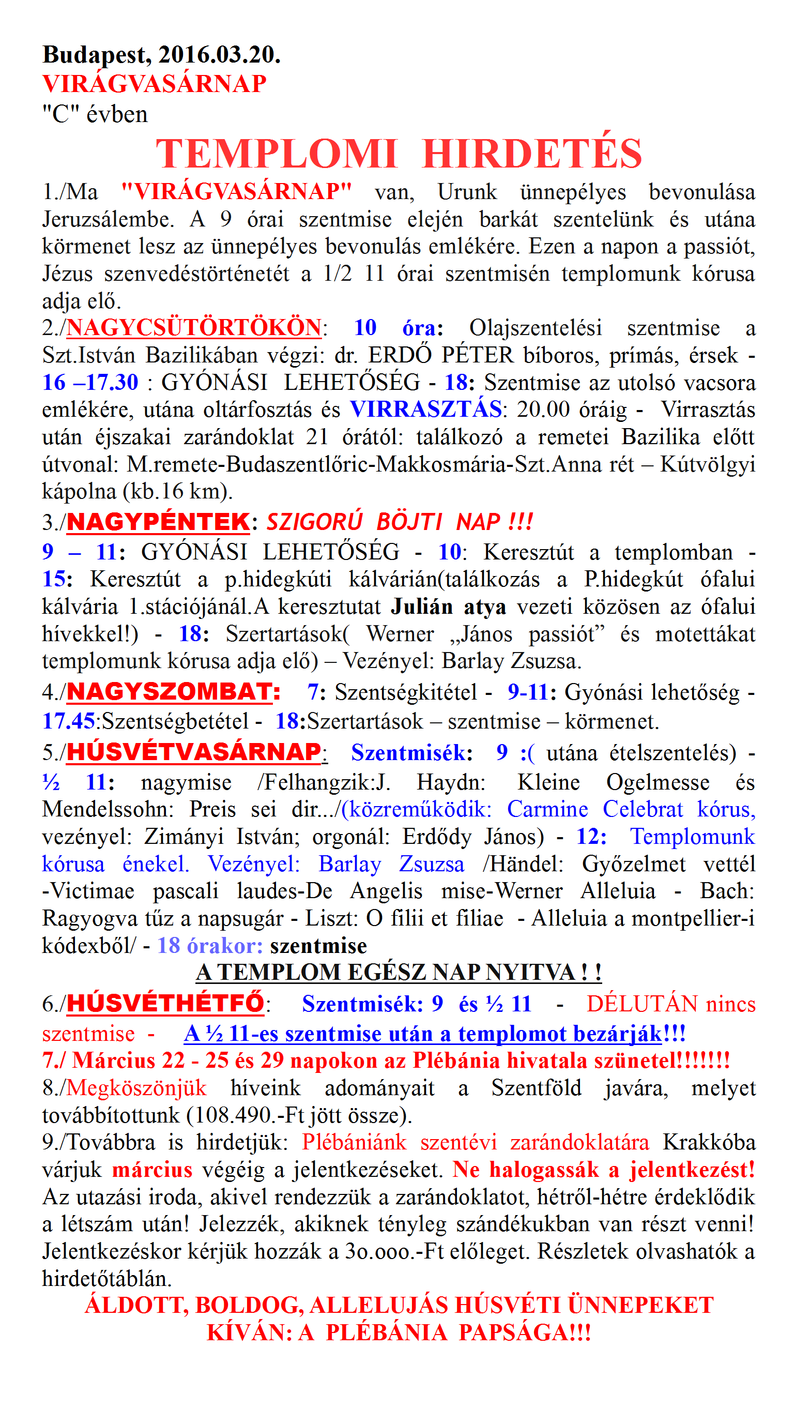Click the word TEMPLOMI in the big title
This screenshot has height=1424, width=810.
(x=277, y=154)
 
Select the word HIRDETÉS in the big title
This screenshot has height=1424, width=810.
(x=532, y=154)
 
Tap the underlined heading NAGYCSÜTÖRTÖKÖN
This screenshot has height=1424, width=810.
(x=194, y=328)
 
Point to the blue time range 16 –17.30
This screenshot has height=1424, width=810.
(x=90, y=382)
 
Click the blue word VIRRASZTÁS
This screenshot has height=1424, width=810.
(x=426, y=410)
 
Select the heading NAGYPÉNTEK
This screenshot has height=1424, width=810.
(x=158, y=522)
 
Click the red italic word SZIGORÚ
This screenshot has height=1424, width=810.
(x=314, y=522)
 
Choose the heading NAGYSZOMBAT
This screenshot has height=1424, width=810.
(x=173, y=692)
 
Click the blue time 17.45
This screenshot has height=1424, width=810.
(x=68, y=721)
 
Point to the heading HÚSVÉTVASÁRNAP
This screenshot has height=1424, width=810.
(x=194, y=752)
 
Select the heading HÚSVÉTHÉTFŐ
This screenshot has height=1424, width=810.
(x=165, y=1003)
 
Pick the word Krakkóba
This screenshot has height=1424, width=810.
(x=709, y=1142)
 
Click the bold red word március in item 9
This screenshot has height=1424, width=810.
(x=152, y=1170)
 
